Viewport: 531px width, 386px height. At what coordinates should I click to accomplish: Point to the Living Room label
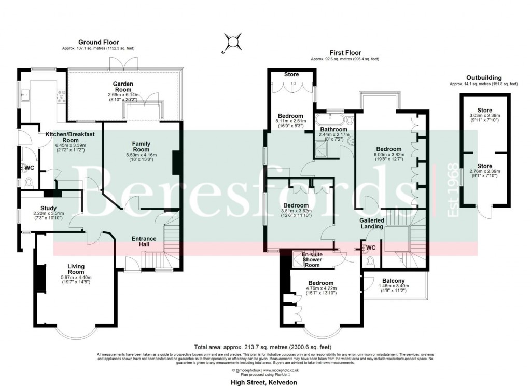(76, 269)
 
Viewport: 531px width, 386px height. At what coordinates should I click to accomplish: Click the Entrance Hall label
(144, 242)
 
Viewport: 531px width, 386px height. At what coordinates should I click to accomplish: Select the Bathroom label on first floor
(333, 129)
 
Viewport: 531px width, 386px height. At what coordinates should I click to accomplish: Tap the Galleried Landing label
(372, 223)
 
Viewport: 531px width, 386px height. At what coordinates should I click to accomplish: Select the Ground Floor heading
(98, 42)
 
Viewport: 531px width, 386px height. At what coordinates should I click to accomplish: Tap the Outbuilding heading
(483, 78)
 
